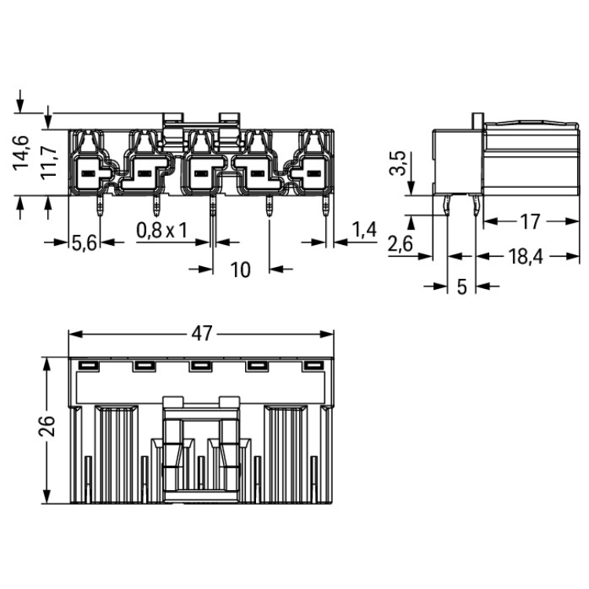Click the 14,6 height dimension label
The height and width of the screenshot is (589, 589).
(x=21, y=153)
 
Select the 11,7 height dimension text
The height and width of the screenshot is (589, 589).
(x=49, y=163)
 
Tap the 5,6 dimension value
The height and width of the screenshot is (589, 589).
(x=84, y=243)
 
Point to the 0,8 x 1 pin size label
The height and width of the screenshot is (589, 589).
(x=162, y=230)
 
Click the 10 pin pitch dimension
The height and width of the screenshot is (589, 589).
(x=240, y=269)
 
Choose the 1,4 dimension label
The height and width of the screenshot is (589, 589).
(x=364, y=229)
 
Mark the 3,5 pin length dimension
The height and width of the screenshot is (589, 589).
(x=398, y=163)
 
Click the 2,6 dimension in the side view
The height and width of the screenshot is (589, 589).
(x=401, y=243)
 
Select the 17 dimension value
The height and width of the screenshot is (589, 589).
(x=530, y=221)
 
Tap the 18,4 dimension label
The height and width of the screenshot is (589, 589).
(x=525, y=257)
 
